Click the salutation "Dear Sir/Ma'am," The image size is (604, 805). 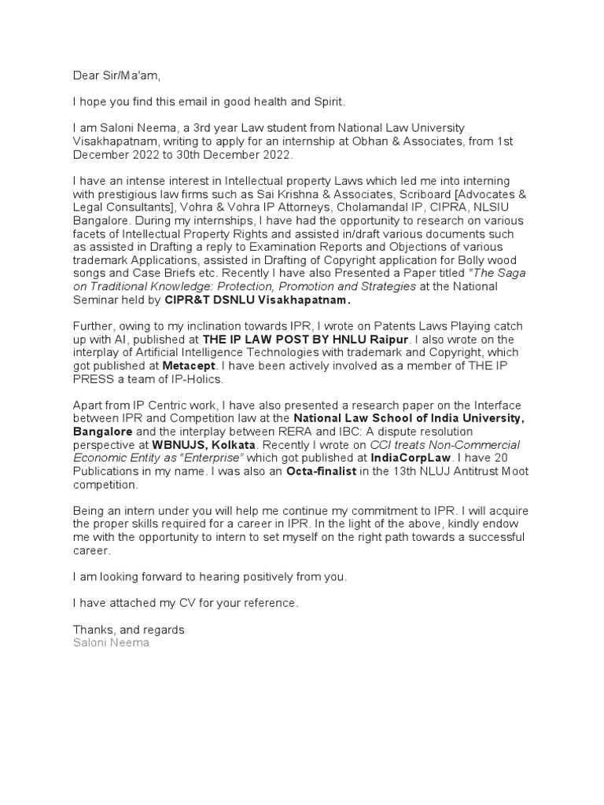coord(116,76)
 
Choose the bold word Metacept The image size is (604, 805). coord(188,366)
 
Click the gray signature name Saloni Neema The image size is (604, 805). coord(111,642)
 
